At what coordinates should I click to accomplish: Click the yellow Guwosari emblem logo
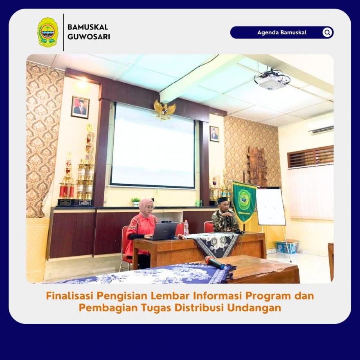pos(47,32)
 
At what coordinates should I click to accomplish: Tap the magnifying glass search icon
pos(327,32)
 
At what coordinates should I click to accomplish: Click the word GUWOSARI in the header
pos(89,37)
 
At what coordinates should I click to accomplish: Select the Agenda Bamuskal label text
pos(282,32)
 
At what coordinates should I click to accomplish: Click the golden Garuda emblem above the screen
pos(164,109)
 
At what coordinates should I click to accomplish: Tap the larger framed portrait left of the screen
pos(80,107)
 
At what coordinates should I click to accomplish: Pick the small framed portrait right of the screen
pos(214,134)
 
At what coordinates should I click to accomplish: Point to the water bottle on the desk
pos(186,227)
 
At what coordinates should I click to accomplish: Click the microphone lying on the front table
pos(214,262)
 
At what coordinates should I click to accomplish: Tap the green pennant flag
pos(244,202)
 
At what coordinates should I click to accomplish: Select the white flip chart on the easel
pos(270,206)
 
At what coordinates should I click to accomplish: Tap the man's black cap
pos(222,200)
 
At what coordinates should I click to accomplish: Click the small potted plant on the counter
pos(135,202)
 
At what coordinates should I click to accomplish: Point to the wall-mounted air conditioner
pos(321,129)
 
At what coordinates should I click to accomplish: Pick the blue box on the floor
pos(287,247)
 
